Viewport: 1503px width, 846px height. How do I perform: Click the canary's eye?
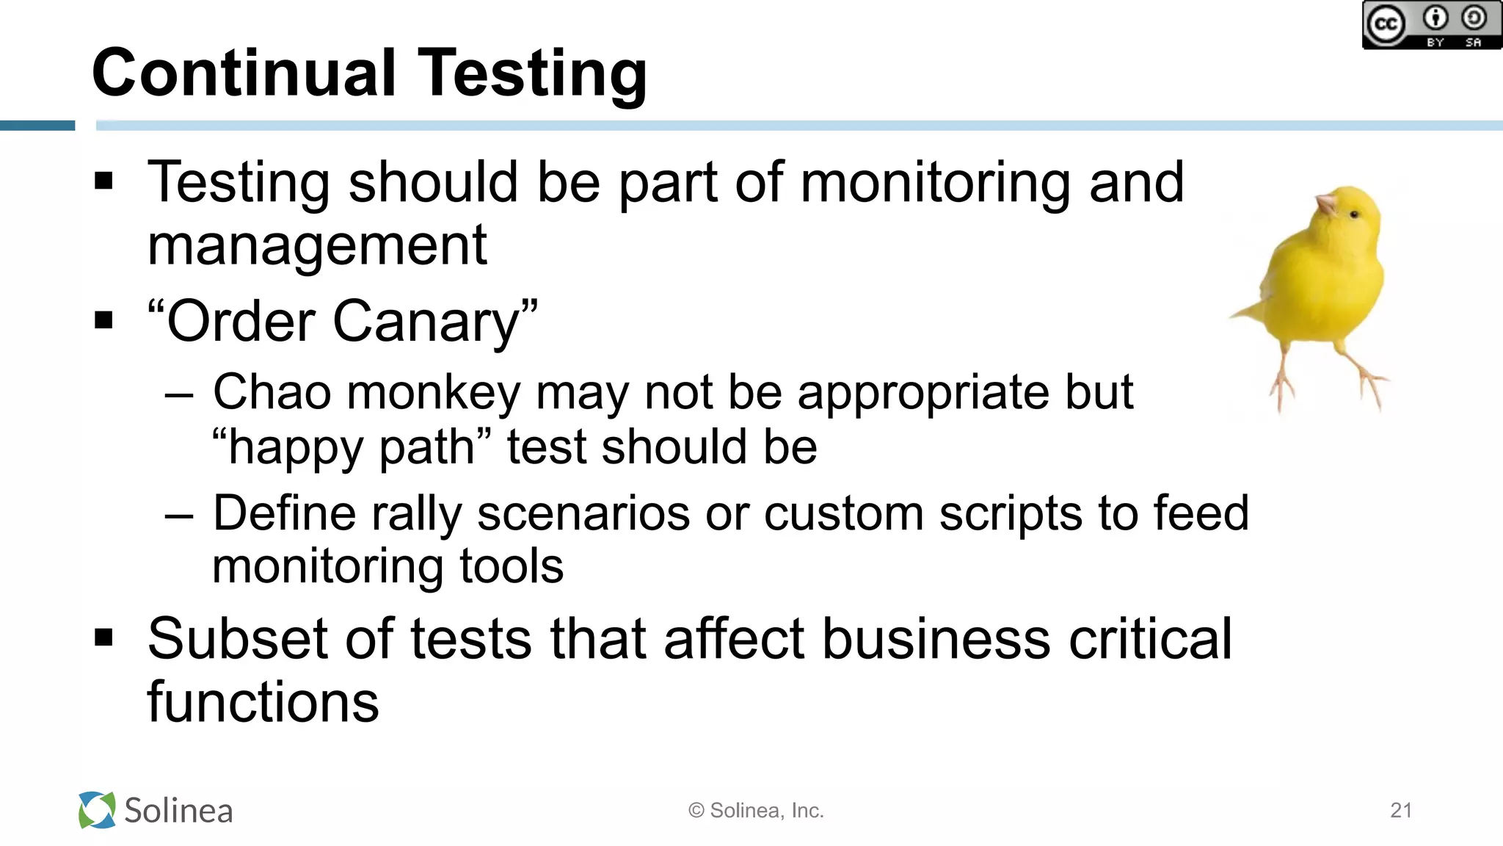tap(1355, 214)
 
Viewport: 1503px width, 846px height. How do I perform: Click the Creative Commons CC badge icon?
tap(1386, 25)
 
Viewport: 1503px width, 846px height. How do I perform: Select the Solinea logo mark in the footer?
tap(97, 810)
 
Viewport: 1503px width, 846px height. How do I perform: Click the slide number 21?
tap(1401, 810)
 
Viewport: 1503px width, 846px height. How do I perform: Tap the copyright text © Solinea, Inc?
tap(756, 810)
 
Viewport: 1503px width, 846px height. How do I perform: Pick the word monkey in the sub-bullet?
tap(433, 392)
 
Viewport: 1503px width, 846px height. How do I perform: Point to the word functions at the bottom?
tap(263, 702)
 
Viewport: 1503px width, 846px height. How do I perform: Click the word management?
tap(317, 246)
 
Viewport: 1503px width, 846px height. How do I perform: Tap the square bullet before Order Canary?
tap(104, 321)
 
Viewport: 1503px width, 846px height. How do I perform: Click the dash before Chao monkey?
tap(179, 396)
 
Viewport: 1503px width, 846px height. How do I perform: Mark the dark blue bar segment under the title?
tap(37, 126)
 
